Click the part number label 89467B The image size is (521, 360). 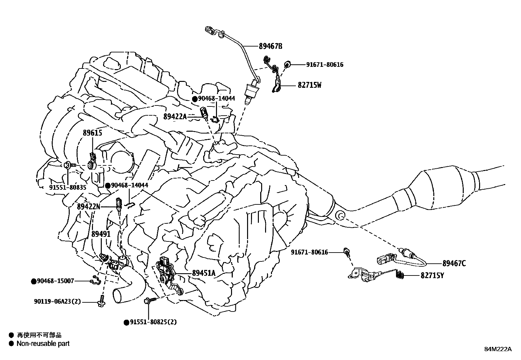click(270, 46)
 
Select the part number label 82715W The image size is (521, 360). click(309, 85)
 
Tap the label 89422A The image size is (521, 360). click(175, 116)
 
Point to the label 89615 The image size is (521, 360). click(92, 133)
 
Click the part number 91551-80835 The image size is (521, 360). click(68, 187)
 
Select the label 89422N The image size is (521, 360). click(88, 207)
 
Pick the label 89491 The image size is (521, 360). click(101, 234)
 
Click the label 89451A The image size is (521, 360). click(204, 273)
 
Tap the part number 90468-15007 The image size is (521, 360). click(55, 281)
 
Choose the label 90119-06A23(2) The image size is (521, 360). click(57, 302)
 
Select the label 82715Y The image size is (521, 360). click(432, 275)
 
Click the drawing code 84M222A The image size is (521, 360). click(498, 349)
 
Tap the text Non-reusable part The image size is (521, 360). click(43, 344)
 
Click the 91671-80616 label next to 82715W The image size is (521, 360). click(325, 65)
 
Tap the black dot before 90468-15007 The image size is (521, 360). click(33, 281)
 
